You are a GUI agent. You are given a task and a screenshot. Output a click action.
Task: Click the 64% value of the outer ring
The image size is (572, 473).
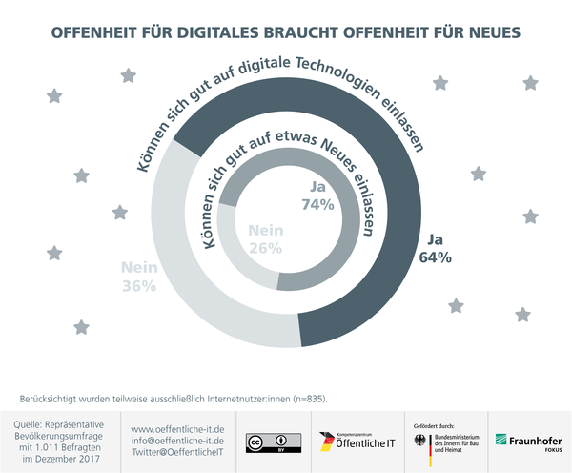tap(434, 257)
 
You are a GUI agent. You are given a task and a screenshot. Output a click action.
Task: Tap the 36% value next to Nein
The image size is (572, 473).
tap(138, 286)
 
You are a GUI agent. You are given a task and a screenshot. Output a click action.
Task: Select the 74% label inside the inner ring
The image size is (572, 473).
tap(317, 204)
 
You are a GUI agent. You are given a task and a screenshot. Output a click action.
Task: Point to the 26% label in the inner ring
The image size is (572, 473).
tap(266, 248)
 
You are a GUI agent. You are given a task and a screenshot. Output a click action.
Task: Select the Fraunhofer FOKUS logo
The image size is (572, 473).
tap(528, 442)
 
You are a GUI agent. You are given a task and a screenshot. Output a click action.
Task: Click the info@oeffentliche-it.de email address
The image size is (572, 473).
tap(177, 441)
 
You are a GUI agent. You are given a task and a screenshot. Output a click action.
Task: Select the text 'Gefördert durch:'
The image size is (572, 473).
tap(437, 422)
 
